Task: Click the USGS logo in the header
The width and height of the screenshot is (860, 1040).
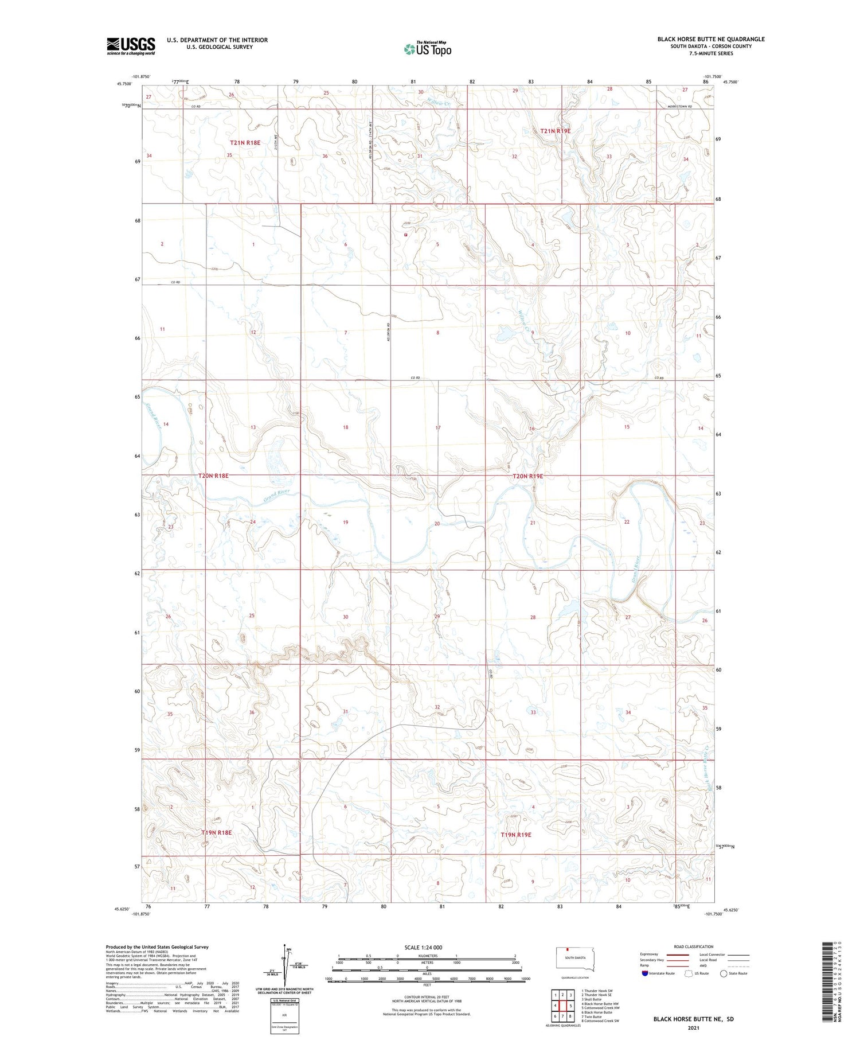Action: pyautogui.click(x=131, y=46)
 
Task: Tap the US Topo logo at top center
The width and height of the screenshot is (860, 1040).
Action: pyautogui.click(x=428, y=49)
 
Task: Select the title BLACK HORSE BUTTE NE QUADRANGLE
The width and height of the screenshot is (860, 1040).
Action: pyautogui.click(x=710, y=39)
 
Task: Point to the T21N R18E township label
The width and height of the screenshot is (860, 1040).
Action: pyautogui.click(x=245, y=142)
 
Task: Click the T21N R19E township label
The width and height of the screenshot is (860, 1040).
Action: pyautogui.click(x=555, y=131)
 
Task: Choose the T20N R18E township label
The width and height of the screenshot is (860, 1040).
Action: pyautogui.click(x=213, y=476)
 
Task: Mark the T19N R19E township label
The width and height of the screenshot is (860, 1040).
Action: pyautogui.click(x=516, y=835)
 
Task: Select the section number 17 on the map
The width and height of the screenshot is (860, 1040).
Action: pyautogui.click(x=438, y=428)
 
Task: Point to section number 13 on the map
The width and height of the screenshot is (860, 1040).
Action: pyautogui.click(x=253, y=427)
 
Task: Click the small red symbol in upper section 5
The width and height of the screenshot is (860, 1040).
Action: pyautogui.click(x=405, y=235)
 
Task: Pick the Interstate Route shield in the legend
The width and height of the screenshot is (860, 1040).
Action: pyautogui.click(x=644, y=973)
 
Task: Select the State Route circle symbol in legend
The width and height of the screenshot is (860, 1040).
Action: pyautogui.click(x=724, y=973)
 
